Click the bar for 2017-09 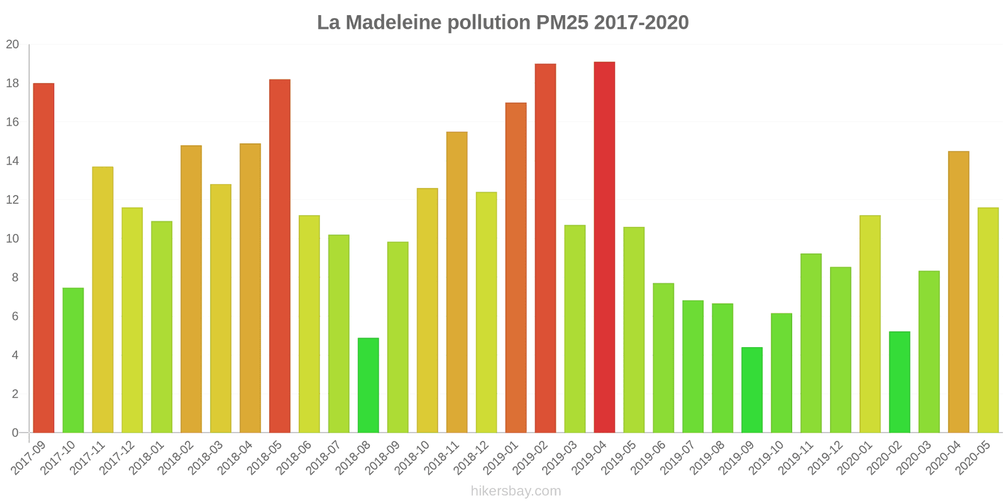point(43,258)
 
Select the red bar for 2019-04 point(604,247)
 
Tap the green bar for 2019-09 point(752,390)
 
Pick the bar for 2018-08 point(368,385)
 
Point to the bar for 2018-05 point(280,256)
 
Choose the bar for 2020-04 point(958,292)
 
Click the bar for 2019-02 point(545,248)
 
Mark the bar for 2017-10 point(73,360)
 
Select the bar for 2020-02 point(899,382)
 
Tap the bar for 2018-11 point(456,282)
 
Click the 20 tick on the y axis point(13,45)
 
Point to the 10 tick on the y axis point(13,239)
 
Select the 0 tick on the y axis point(15,433)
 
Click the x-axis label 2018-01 point(147,458)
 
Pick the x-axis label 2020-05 point(973,458)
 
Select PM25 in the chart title point(562,23)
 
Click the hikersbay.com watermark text point(516,491)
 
